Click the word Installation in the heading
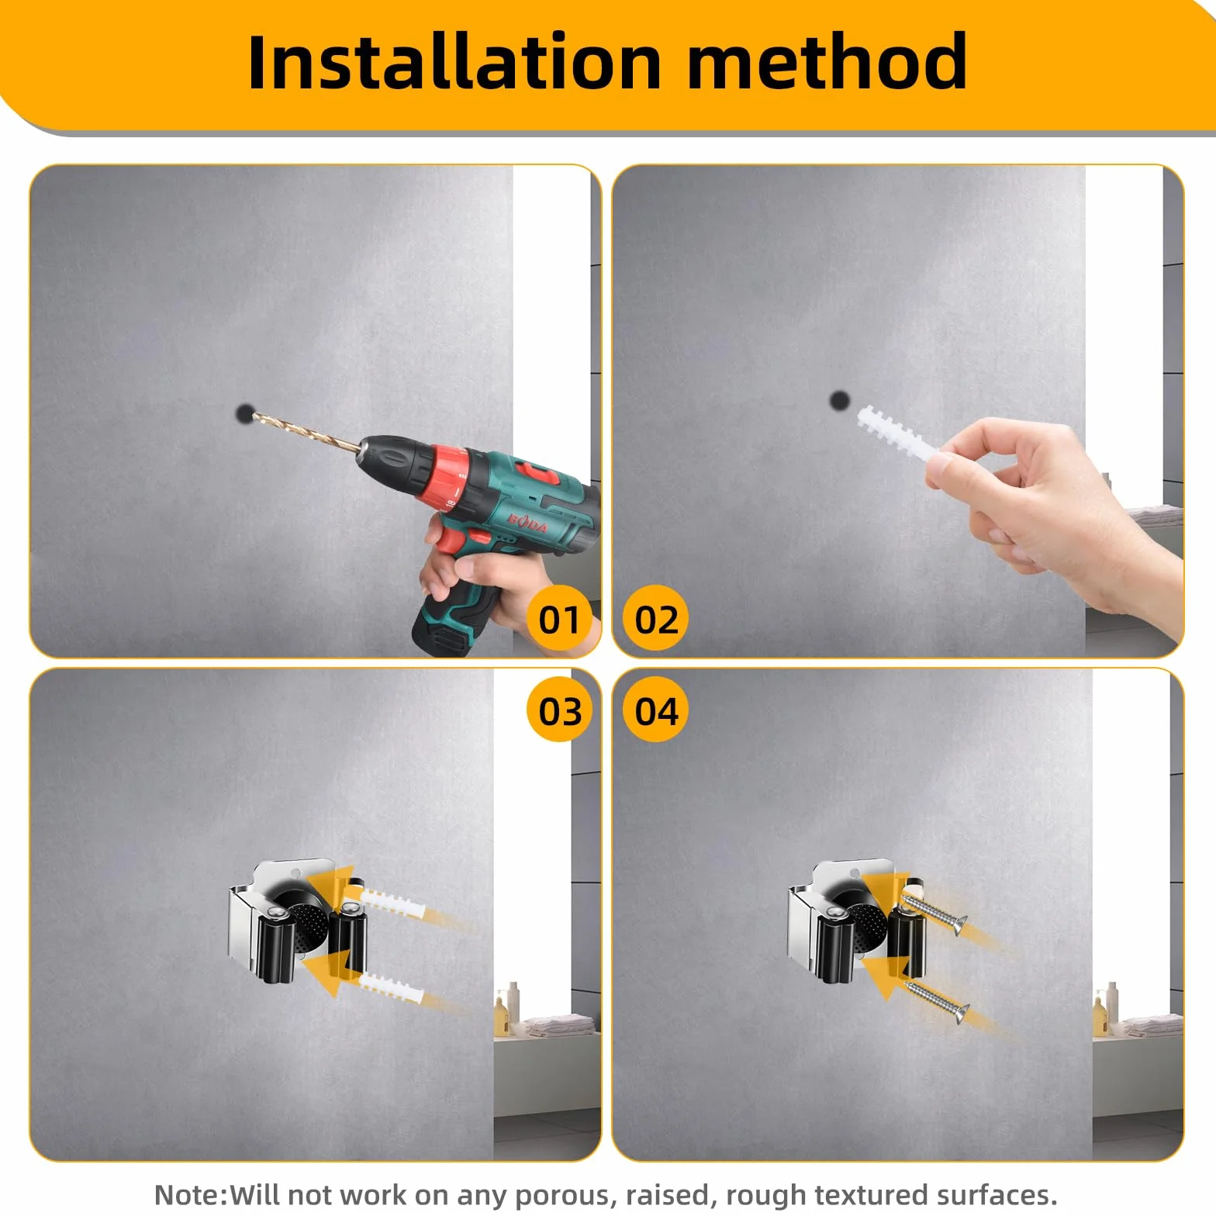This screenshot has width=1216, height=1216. click(454, 61)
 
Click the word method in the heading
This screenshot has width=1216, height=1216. click(827, 61)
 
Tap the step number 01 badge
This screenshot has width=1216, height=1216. click(559, 619)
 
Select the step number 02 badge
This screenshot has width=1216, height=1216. click(656, 619)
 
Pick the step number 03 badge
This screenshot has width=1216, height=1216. click(559, 710)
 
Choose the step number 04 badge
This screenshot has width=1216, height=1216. click(656, 710)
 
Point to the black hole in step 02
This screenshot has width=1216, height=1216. click(839, 400)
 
